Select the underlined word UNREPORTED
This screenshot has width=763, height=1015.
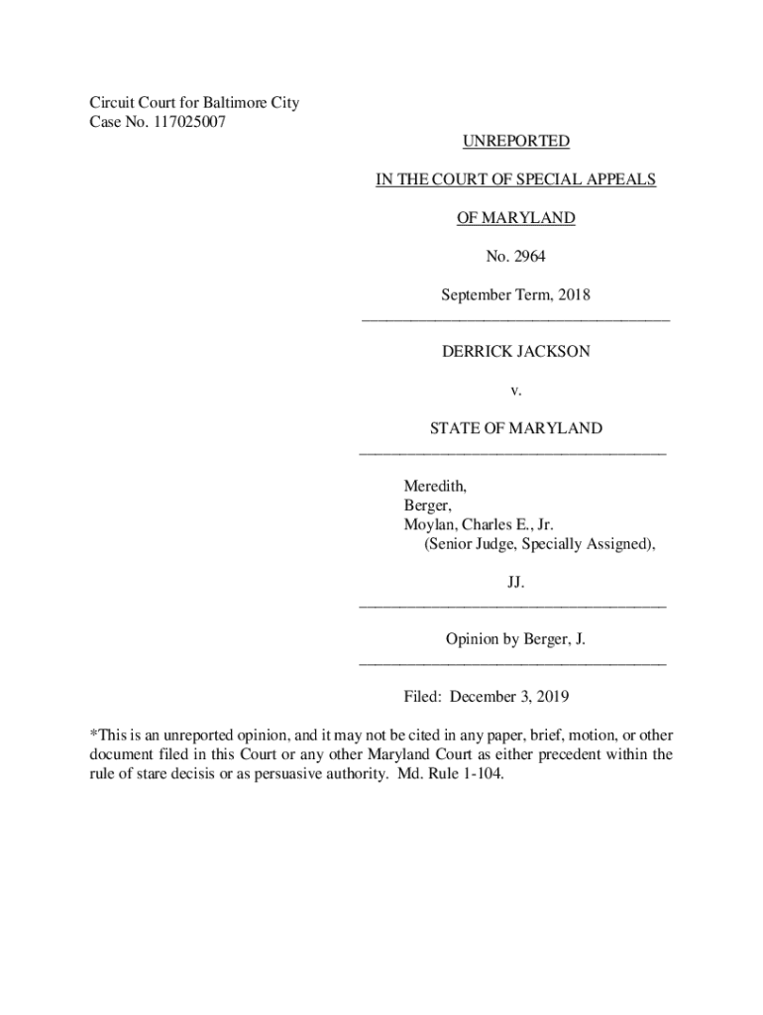(515, 142)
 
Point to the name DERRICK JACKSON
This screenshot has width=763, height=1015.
(515, 351)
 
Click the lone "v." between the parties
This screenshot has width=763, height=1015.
(515, 390)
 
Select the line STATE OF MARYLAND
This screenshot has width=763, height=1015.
(515, 428)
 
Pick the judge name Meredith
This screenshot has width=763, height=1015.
(434, 487)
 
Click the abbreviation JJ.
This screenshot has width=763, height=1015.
(515, 583)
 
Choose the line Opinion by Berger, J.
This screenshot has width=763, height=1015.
(515, 640)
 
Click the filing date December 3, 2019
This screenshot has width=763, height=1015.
(509, 697)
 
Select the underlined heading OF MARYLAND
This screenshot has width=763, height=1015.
(515, 218)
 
